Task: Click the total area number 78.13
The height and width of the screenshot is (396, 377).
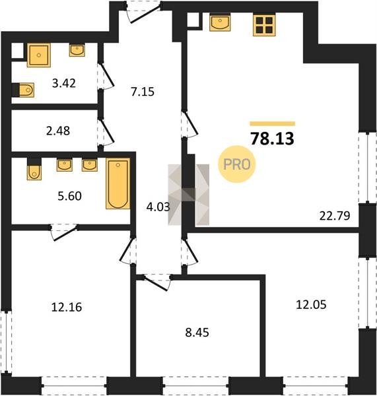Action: point(272,139)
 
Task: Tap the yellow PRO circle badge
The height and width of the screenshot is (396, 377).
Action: point(237,164)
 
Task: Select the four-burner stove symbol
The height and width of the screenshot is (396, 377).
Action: point(264,25)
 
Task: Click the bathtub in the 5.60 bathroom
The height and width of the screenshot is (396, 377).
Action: point(118,183)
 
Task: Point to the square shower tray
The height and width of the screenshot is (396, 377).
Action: point(39,55)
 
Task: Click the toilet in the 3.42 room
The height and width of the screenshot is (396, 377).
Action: point(23,90)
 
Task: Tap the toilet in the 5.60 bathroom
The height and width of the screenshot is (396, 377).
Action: point(34,169)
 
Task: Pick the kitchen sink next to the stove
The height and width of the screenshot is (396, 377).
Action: point(220,22)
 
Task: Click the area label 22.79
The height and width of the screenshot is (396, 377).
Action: point(335,216)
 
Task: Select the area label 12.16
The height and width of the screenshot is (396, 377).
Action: point(67,307)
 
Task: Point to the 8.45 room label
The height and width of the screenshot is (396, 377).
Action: point(197,333)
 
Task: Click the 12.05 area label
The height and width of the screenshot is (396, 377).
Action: point(311,304)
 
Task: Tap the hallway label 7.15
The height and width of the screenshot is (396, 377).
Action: point(143,92)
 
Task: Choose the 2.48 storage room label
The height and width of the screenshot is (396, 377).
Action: point(58,131)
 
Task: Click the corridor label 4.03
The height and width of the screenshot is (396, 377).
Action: point(158,207)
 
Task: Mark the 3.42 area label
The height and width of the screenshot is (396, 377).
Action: point(64,83)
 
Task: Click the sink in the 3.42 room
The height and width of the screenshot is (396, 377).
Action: point(77,50)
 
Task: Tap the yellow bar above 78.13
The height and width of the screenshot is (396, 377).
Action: point(273,123)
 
